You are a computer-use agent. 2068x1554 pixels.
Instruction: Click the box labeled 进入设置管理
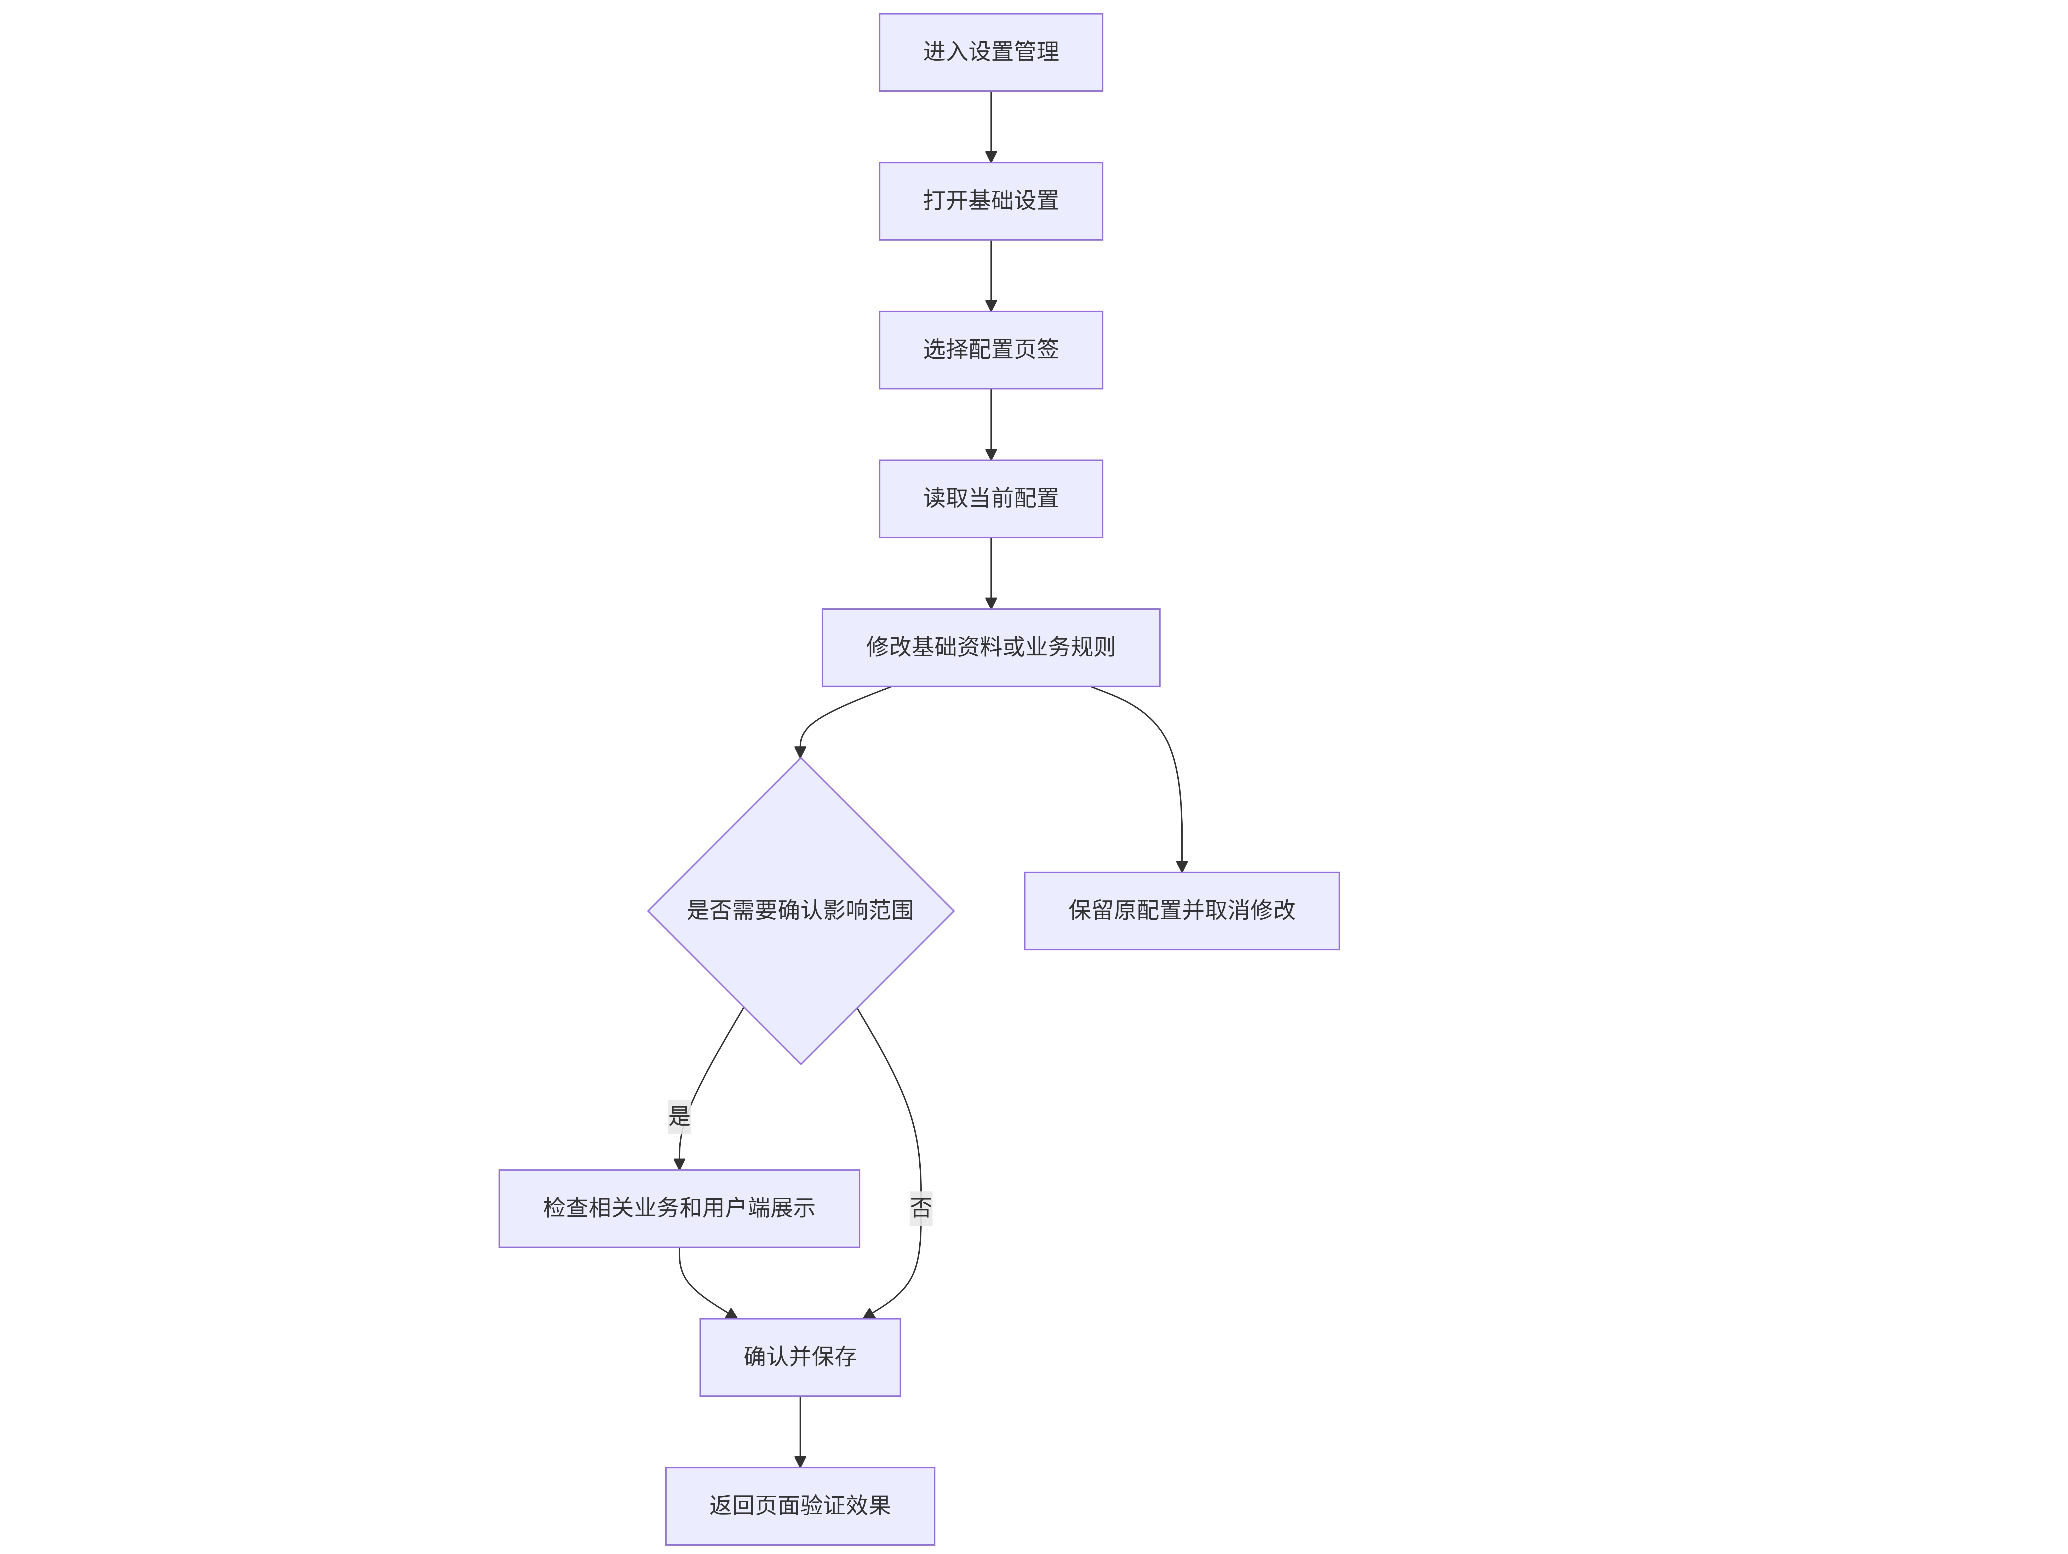pyautogui.click(x=991, y=52)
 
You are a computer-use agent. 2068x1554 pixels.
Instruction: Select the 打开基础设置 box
pyautogui.click(x=991, y=201)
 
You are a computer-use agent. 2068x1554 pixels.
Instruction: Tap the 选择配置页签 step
pyautogui.click(x=991, y=350)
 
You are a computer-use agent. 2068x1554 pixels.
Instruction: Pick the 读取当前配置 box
pyautogui.click(x=991, y=498)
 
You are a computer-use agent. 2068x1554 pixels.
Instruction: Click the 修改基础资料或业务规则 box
pyautogui.click(x=991, y=648)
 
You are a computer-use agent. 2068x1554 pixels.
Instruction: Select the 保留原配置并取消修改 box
pyautogui.click(x=1182, y=911)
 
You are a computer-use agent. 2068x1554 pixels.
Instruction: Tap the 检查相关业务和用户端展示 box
pyautogui.click(x=679, y=1208)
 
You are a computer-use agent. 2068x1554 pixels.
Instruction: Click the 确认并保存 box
pyautogui.click(x=800, y=1357)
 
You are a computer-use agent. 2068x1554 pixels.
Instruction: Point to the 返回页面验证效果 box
pyautogui.click(x=800, y=1505)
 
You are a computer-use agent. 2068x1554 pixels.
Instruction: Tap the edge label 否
pyautogui.click(x=921, y=1208)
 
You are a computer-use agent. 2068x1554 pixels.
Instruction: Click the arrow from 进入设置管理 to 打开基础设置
pyautogui.click(x=991, y=127)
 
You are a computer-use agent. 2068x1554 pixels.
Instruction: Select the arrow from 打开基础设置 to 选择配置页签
pyautogui.click(x=991, y=276)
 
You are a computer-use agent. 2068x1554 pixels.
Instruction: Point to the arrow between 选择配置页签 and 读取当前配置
pyautogui.click(x=991, y=424)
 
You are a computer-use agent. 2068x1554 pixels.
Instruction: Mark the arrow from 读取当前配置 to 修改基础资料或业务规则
pyautogui.click(x=991, y=573)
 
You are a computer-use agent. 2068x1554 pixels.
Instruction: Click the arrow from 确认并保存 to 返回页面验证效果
pyautogui.click(x=800, y=1431)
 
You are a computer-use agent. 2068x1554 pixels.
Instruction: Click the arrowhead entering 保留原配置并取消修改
pyautogui.click(x=1182, y=866)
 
